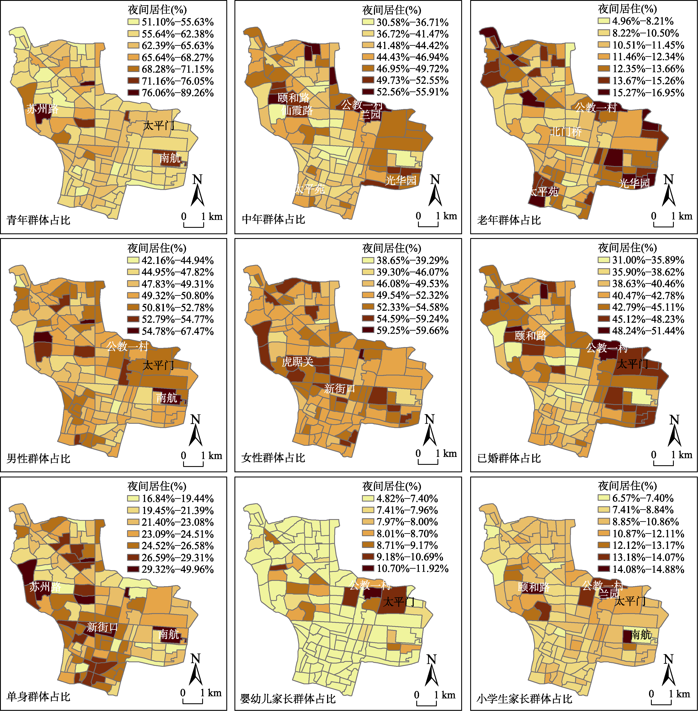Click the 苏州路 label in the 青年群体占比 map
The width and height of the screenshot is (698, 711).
tap(43, 109)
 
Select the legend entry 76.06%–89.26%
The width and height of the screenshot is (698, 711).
tap(170, 93)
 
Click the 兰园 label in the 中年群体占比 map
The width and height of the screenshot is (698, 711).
tap(371, 114)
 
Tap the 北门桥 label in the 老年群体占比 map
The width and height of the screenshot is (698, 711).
tap(566, 131)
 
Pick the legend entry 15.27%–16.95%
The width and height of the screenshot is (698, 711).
tap(641, 93)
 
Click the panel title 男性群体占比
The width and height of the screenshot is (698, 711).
tap(39, 458)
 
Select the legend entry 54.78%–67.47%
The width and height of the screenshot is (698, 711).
tap(170, 331)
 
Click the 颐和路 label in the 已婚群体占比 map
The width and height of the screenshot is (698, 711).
tap(531, 335)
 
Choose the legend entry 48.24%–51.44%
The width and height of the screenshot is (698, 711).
tap(641, 331)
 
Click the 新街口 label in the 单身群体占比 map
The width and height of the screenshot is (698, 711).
tap(102, 627)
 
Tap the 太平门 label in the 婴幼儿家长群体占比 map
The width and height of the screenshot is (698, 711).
tap(399, 601)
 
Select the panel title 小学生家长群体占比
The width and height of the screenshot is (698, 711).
tap(525, 699)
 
